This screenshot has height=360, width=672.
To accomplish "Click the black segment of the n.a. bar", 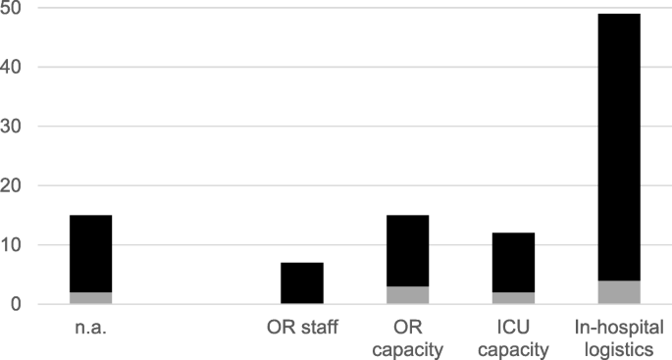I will click(90, 253).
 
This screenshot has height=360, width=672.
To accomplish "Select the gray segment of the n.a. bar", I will click(90, 298).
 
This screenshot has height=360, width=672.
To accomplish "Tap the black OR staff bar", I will click(302, 283).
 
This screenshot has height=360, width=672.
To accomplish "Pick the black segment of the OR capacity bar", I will click(407, 250).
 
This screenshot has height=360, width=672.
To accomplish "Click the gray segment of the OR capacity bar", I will click(407, 295).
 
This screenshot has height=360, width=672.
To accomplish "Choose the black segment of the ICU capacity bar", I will click(513, 262).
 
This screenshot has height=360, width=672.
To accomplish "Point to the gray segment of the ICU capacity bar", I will click(513, 298).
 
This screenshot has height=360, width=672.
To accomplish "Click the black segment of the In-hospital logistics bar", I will click(619, 147).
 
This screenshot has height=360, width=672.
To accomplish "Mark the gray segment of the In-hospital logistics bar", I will click(619, 292).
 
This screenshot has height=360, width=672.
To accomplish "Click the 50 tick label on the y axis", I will click(19, 8).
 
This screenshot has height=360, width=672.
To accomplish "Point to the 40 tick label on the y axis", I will click(19, 67).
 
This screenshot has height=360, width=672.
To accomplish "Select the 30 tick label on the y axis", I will click(19, 127).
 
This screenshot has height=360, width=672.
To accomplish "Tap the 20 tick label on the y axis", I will click(19, 185).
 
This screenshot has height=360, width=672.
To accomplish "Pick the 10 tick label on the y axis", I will click(19, 245).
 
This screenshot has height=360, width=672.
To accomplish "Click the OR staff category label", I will click(302, 328).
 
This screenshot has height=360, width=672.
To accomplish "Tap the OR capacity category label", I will click(407, 337).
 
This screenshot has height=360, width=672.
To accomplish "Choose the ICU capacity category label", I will click(513, 337).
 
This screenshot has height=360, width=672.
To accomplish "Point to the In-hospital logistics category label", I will click(619, 337).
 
